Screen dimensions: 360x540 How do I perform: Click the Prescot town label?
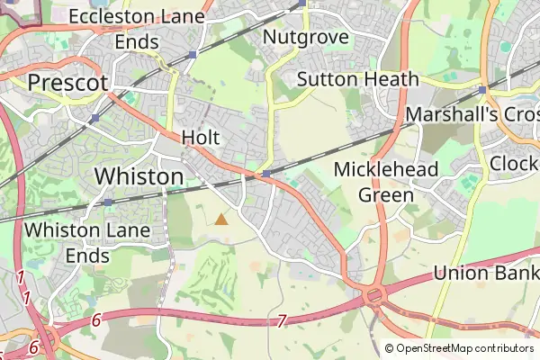[68, 83]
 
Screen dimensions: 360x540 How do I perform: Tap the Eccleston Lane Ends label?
[137, 29]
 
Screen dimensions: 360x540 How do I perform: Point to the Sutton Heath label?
[357, 78]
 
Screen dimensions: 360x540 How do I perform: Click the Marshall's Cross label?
[472, 115]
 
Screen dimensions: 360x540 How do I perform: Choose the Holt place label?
[201, 138]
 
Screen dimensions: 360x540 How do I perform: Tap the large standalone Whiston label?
[139, 176]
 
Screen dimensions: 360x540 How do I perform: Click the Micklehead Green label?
[385, 182]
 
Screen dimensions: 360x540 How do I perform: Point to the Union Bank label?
[486, 273]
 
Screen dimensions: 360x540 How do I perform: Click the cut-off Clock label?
[515, 165]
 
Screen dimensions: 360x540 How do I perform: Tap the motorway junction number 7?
[282, 320]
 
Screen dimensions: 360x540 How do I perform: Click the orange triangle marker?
[221, 219]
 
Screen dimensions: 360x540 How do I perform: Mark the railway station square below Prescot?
[95, 118]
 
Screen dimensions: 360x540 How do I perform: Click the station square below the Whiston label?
[108, 202]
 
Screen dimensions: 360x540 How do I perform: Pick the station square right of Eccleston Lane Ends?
[193, 55]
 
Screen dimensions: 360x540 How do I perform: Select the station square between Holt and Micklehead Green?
[267, 174]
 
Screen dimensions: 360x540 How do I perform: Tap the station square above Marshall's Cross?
[483, 90]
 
